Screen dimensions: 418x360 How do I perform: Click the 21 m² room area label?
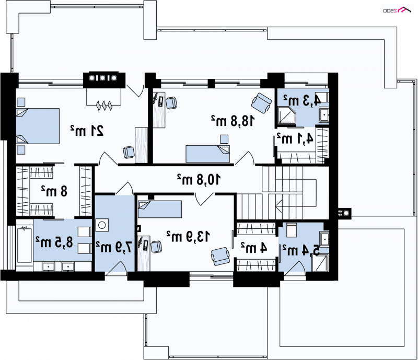87,131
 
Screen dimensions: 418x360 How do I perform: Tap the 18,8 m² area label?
233,121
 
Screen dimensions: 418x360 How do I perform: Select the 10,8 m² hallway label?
199,179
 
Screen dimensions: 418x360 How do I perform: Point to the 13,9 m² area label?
188,236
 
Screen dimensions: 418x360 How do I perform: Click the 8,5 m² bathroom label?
54,242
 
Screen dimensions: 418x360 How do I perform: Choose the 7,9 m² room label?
114,247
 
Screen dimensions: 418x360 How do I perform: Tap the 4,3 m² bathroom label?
302,100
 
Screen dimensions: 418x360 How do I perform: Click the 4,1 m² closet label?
295,138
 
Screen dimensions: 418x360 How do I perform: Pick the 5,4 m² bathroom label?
301,251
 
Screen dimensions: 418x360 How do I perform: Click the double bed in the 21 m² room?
38,126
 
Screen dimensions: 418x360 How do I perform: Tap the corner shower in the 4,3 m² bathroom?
287,115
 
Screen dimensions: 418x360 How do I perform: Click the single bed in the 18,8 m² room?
207,154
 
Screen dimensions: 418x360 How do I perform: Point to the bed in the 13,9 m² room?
160,209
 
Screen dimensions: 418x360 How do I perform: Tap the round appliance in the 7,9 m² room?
102,225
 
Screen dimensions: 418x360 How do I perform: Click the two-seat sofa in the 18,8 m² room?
262,102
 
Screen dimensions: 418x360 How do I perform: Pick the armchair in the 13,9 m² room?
220,256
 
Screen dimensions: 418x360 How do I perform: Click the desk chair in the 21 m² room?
129,152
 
